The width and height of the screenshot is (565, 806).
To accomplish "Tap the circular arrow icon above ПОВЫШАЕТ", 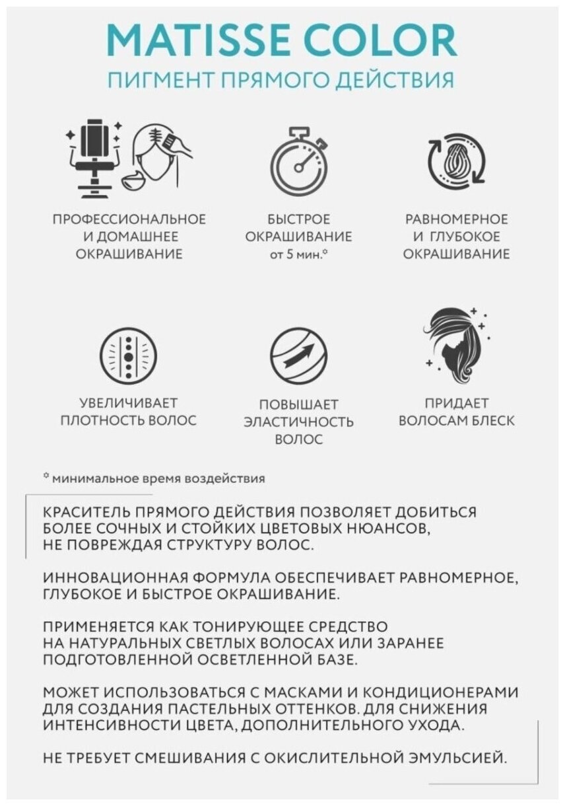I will pyautogui.click(x=298, y=357).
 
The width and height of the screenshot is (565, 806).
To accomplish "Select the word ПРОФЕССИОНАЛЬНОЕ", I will pyautogui.click(x=129, y=219).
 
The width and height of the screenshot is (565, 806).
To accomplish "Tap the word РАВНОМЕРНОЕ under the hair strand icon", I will pyautogui.click(x=457, y=219).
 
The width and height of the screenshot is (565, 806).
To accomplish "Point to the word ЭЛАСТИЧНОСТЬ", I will pyautogui.click(x=298, y=421).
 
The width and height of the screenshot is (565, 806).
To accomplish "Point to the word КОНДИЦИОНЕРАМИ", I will pyautogui.click(x=432, y=692).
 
